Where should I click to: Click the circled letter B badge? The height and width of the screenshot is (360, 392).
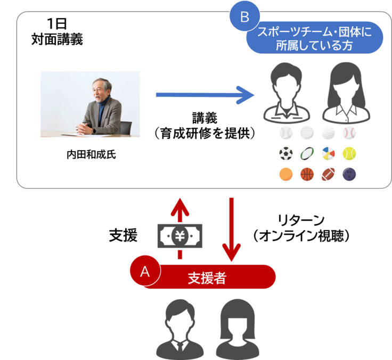tap(244, 17)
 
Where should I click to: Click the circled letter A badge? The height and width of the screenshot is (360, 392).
tap(145, 271)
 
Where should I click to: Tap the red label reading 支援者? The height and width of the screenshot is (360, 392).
tap(208, 277)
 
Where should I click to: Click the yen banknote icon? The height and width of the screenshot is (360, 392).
tap(179, 235)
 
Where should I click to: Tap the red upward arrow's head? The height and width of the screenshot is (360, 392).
tap(179, 203)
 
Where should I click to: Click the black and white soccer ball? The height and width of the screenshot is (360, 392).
tap(286, 154)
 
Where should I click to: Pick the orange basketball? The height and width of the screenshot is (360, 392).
tap(307, 174)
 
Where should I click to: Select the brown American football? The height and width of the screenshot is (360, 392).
tap(328, 174)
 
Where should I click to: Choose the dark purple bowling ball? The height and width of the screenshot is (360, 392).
tap(349, 174)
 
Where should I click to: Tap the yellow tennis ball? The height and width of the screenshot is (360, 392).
tap(349, 154)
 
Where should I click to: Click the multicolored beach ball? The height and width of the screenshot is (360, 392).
tap(328, 154)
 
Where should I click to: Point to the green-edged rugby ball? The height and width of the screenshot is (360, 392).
tap(307, 154)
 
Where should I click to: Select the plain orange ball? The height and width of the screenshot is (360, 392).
tap(286, 174)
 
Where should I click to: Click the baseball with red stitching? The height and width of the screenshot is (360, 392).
tap(349, 133)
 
